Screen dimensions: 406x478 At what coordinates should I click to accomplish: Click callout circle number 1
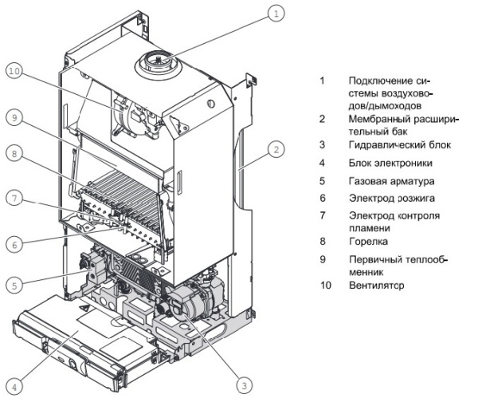click(x=276, y=14)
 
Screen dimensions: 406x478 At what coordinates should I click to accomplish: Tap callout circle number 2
click(x=276, y=148)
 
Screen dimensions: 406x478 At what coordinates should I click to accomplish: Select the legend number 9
click(x=323, y=258)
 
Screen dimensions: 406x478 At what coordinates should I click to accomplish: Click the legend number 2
click(x=323, y=118)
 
